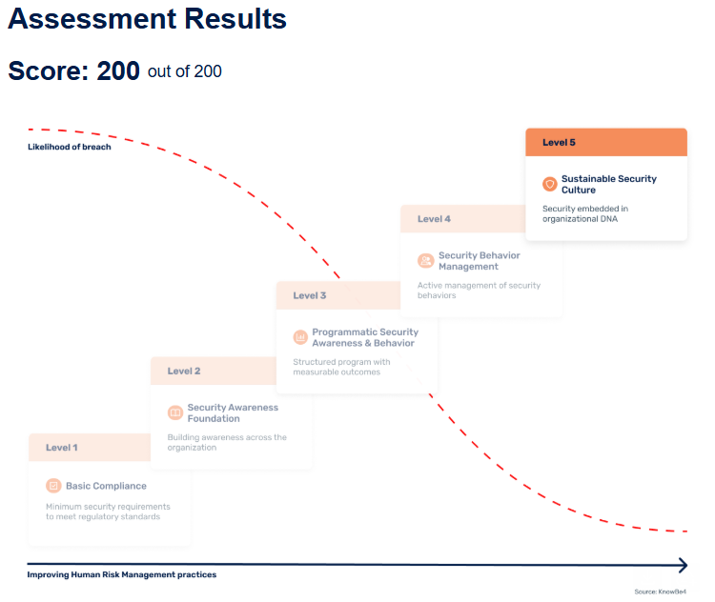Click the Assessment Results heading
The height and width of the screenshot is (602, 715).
click(x=148, y=19)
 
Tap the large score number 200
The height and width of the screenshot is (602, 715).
click(x=118, y=71)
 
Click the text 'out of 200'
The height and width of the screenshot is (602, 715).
click(x=185, y=71)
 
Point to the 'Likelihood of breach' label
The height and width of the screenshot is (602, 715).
click(x=69, y=147)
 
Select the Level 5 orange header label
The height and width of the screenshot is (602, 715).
click(x=559, y=142)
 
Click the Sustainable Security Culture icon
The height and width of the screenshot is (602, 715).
click(x=549, y=184)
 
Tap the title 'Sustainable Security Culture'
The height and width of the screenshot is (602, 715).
click(x=608, y=184)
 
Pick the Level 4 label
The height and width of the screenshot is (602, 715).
click(x=434, y=219)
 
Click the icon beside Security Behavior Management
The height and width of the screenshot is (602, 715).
click(x=425, y=260)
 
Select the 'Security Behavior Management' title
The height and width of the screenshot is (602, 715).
click(x=480, y=261)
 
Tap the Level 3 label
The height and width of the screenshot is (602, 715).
click(x=310, y=295)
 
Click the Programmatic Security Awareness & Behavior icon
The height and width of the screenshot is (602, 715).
click(x=300, y=337)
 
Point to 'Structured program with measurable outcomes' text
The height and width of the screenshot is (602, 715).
click(x=341, y=367)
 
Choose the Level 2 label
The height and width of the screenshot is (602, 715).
click(x=184, y=371)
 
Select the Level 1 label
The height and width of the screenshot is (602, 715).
click(x=62, y=448)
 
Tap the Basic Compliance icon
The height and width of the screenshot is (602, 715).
click(x=53, y=486)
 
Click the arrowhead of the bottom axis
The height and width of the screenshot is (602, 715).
click(x=681, y=565)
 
